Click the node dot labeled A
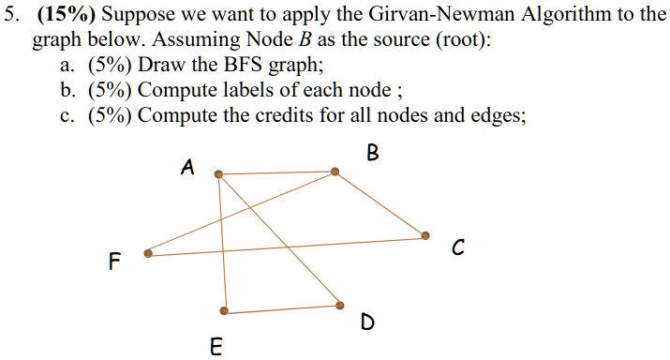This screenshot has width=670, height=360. [218, 173]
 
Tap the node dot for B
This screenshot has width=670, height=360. [335, 172]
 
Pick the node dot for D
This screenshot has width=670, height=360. [340, 306]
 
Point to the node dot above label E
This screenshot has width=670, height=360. [223, 310]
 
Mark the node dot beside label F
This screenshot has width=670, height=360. [147, 252]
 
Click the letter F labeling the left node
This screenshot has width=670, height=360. [113, 262]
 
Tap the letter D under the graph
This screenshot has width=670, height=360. [367, 323]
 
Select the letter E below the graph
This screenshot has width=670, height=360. [216, 348]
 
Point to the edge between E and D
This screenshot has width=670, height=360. [281, 308]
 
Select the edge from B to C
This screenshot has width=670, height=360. [380, 203]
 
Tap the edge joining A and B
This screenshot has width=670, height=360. [276, 172]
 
